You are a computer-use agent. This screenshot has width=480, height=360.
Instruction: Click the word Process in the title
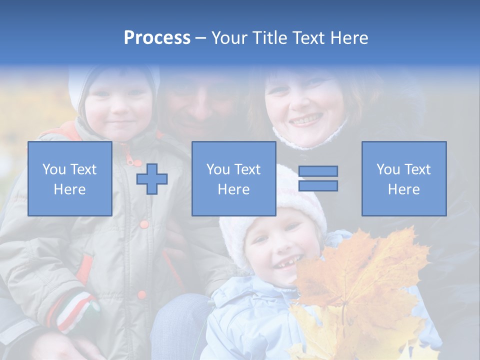click(157, 38)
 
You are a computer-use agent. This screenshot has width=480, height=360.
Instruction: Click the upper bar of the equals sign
click(318, 171)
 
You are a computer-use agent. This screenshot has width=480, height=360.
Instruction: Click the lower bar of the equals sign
click(318, 186)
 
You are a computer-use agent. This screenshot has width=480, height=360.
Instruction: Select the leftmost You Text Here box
click(69, 178)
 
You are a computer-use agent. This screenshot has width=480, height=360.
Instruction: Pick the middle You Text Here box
click(233, 178)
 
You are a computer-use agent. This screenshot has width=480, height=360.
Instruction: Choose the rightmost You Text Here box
click(404, 178)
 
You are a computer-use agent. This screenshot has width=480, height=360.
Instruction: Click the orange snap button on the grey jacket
click(144, 224)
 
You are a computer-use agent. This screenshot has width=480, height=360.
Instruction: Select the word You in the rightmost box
click(388, 169)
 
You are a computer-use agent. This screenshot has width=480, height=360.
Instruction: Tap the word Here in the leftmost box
click(69, 189)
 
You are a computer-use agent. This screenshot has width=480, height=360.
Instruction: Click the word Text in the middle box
click(247, 169)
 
